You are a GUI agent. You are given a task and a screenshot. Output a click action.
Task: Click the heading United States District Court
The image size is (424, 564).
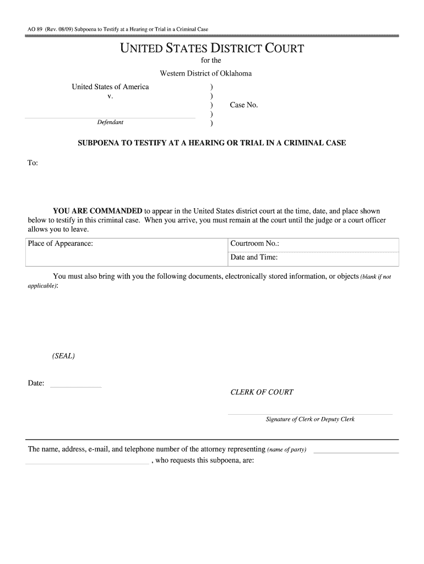click(212, 48)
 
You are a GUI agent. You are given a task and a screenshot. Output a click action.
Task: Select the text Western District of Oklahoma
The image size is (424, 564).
click(206, 73)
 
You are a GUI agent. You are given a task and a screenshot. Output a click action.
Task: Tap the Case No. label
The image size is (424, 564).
click(243, 105)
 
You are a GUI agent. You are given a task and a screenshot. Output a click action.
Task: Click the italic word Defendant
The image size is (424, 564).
click(110, 122)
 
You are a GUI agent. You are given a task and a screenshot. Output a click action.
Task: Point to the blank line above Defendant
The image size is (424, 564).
click(110, 117)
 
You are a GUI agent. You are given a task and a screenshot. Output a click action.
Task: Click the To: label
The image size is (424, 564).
click(32, 163)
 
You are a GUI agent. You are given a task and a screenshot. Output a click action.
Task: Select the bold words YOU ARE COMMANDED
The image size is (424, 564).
click(97, 211)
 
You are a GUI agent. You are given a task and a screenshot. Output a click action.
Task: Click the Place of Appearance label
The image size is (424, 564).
click(60, 243)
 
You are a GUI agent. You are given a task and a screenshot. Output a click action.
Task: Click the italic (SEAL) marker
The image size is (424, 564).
click(63, 356)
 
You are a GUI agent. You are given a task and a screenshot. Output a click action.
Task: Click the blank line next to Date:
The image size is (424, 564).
click(76, 387)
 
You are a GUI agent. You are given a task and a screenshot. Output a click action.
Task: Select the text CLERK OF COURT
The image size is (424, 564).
click(262, 392)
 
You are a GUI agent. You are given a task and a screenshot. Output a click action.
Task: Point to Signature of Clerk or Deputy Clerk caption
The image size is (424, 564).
click(310, 419)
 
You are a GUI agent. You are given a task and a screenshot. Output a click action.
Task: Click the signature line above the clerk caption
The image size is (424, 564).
click(310, 414)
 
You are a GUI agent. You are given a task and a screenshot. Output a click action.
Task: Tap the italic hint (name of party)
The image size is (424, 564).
click(287, 450)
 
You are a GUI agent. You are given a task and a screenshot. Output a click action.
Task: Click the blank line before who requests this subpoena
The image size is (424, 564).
click(87, 463)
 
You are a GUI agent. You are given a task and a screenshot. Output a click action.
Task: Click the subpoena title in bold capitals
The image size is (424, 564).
click(212, 143)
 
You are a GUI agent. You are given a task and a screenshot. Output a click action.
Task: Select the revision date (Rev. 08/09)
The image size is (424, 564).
click(55, 29)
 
